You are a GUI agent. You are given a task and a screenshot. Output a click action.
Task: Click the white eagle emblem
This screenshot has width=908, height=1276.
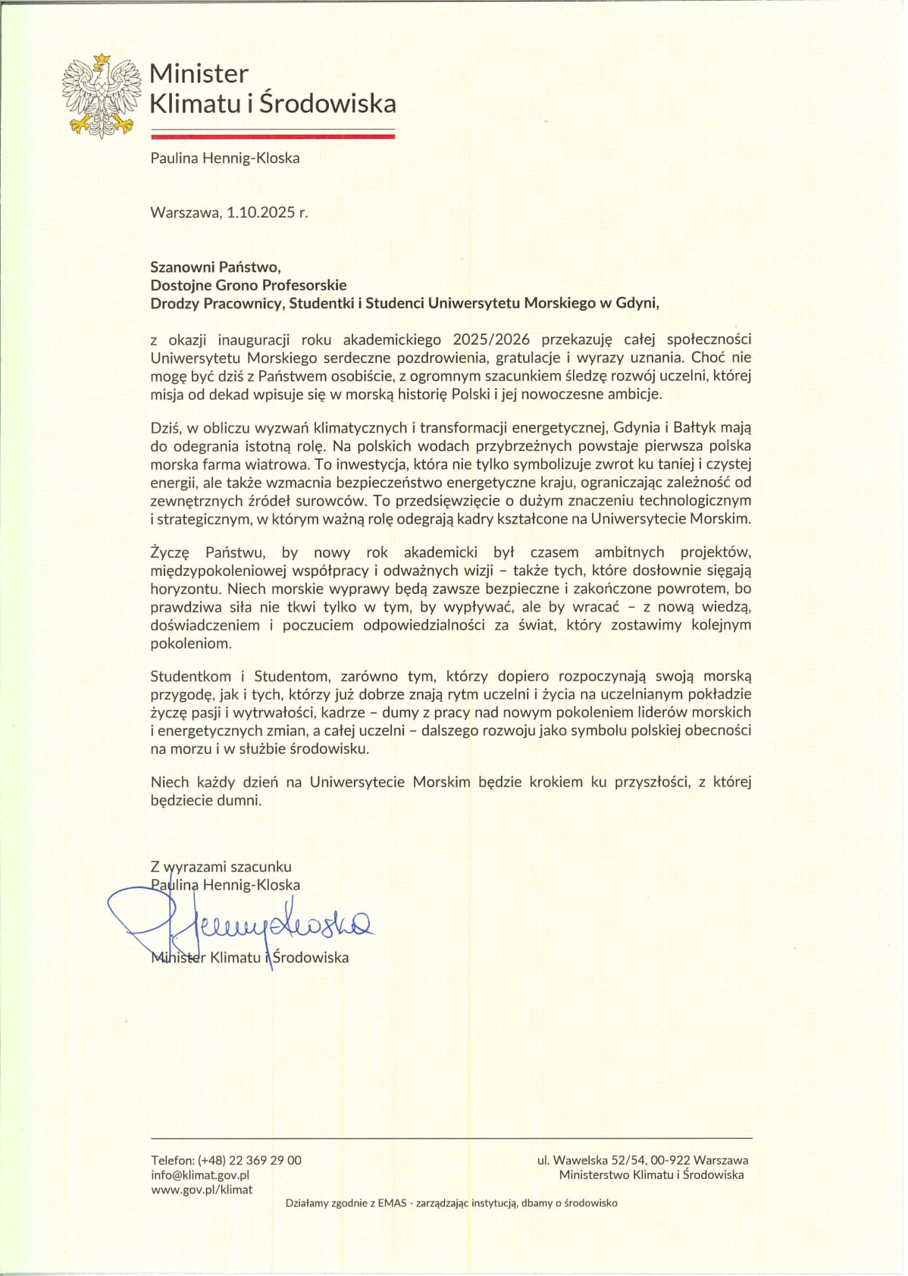(x=101, y=95)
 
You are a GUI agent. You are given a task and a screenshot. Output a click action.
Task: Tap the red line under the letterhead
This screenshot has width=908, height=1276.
(x=273, y=136)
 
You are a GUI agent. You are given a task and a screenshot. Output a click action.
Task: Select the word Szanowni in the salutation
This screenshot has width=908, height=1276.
(x=180, y=267)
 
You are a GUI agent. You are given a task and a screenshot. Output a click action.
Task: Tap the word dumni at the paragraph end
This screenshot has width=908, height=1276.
(x=240, y=800)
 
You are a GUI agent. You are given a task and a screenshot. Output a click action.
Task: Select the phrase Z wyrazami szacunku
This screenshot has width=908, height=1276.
(x=221, y=867)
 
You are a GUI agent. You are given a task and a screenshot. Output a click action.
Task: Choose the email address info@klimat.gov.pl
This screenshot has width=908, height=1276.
(x=200, y=1175)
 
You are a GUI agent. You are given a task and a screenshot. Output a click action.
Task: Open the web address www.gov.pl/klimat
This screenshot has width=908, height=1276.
(x=202, y=1190)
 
